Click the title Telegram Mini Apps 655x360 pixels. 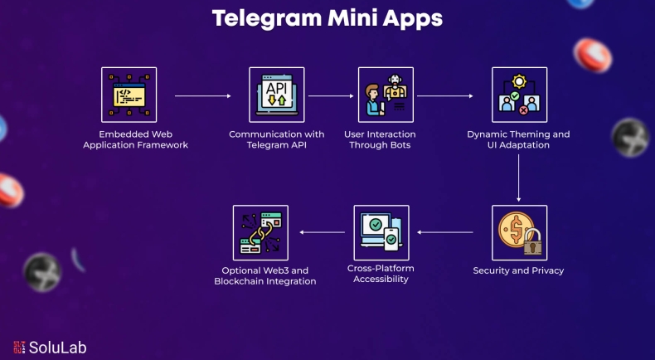point(327,18)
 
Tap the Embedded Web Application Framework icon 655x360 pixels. point(129,95)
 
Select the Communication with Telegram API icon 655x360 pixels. point(276,95)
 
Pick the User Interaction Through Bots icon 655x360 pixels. point(386,95)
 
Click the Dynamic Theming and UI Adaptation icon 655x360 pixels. point(519,95)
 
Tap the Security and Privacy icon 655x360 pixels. point(519,233)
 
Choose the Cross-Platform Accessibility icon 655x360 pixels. point(381,233)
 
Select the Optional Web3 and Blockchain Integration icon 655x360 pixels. point(261,233)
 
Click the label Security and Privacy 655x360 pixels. point(519,270)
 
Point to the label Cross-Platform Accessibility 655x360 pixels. point(381,274)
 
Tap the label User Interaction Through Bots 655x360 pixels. point(380,139)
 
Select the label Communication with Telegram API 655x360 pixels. point(276,139)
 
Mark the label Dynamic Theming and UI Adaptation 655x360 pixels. point(519,139)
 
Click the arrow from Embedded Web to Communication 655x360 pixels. point(203,96)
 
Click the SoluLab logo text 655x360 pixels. point(56,348)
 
